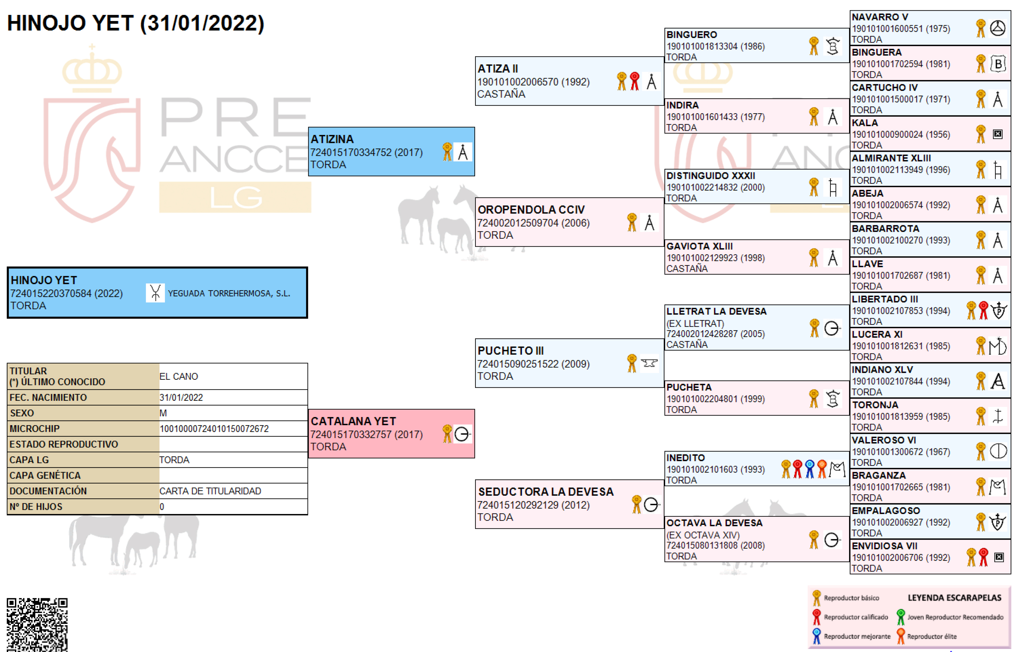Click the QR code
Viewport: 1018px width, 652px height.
click(x=37, y=625)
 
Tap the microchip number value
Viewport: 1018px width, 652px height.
click(x=214, y=429)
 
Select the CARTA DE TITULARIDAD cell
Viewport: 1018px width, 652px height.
click(x=210, y=491)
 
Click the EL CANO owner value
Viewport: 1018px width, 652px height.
click(x=178, y=376)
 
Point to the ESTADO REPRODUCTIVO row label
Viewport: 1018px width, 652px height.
click(x=64, y=444)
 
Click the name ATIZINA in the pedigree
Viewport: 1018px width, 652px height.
click(x=332, y=139)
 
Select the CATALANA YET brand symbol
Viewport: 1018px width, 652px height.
click(x=462, y=434)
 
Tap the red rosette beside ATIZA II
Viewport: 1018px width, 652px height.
click(x=634, y=81)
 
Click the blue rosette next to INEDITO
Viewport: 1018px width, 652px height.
click(x=810, y=469)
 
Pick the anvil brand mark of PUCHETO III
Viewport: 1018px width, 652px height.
click(x=649, y=363)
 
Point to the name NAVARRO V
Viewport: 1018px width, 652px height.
click(x=880, y=17)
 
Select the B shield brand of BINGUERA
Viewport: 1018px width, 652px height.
click(x=998, y=63)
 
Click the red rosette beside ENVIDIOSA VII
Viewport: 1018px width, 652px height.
click(x=984, y=557)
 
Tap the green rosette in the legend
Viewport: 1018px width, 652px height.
click(x=901, y=617)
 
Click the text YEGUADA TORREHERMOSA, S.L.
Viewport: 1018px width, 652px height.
click(x=229, y=293)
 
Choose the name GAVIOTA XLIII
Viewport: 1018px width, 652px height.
click(x=699, y=246)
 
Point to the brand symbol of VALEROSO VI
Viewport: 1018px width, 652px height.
click(x=998, y=451)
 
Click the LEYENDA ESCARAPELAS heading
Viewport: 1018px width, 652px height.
click(x=954, y=597)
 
